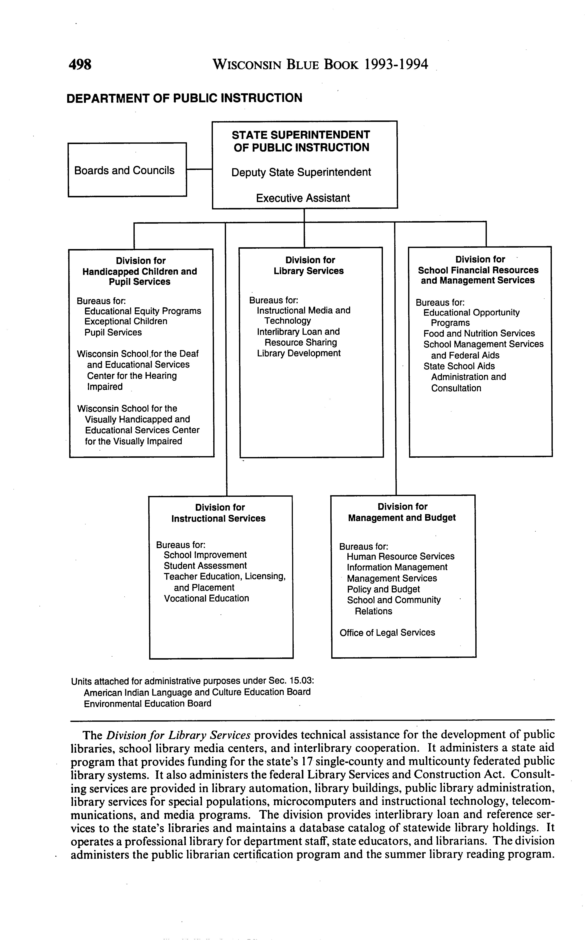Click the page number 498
tap(80, 64)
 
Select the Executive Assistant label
tap(303, 198)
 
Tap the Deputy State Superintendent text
tap(301, 172)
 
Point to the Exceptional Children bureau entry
tap(126, 321)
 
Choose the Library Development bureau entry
tap(299, 353)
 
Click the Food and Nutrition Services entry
tap(479, 334)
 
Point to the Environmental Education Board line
tap(147, 704)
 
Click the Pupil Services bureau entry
tap(113, 332)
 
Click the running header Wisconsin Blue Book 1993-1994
tap(320, 64)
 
